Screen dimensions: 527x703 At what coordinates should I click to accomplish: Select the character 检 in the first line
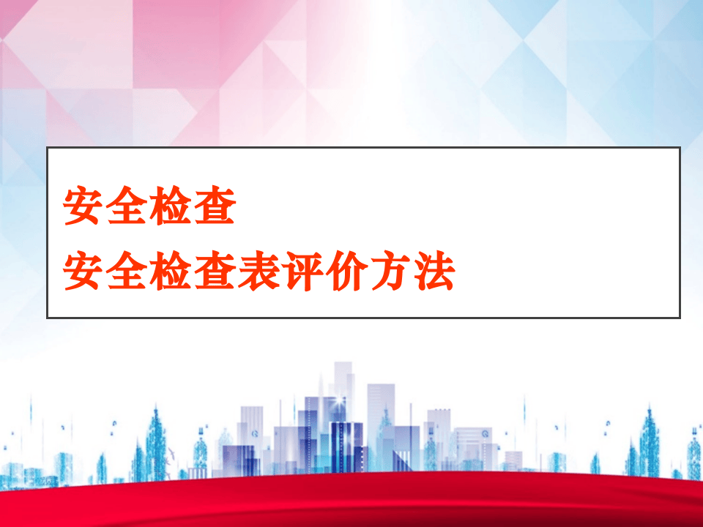[x=171, y=208]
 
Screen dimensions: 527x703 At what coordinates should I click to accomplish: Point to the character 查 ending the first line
[x=215, y=208]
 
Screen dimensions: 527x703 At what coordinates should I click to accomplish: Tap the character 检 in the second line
[x=171, y=272]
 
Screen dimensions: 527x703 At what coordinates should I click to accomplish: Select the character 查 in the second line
[x=215, y=272]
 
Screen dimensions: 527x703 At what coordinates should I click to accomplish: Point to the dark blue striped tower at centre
[x=346, y=446]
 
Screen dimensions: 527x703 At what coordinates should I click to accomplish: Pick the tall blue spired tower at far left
[x=155, y=439]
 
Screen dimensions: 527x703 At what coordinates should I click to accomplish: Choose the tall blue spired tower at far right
[x=648, y=439]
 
